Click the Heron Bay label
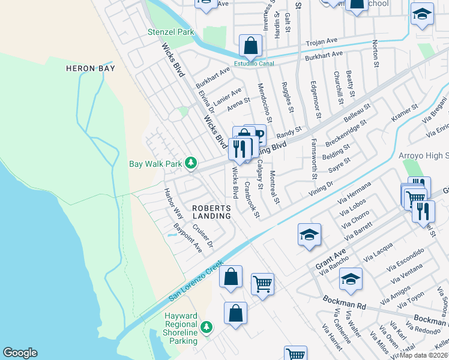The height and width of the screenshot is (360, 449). (89, 68)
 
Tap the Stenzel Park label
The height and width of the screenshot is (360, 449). (171, 31)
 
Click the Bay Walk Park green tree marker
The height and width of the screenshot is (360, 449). (191, 163)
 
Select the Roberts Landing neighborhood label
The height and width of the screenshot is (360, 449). (211, 212)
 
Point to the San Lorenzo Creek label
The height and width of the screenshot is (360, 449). (196, 280)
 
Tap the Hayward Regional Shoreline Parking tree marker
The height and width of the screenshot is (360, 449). (206, 327)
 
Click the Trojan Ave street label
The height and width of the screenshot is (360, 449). (322, 43)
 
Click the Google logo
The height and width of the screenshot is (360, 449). (20, 353)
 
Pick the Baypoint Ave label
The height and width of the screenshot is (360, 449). (187, 238)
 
